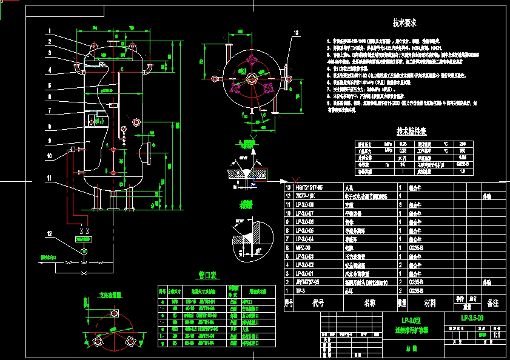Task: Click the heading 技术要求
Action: click(404, 24)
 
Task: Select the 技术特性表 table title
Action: click(412, 131)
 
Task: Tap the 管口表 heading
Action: click(208, 275)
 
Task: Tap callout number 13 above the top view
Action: click(296, 33)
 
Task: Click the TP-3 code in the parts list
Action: click(300, 291)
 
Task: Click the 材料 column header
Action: click(429, 302)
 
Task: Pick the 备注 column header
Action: click(492, 302)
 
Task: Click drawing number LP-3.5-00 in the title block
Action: click(472, 318)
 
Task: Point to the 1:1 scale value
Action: click(496, 334)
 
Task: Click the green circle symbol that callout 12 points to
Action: click(84, 250)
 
